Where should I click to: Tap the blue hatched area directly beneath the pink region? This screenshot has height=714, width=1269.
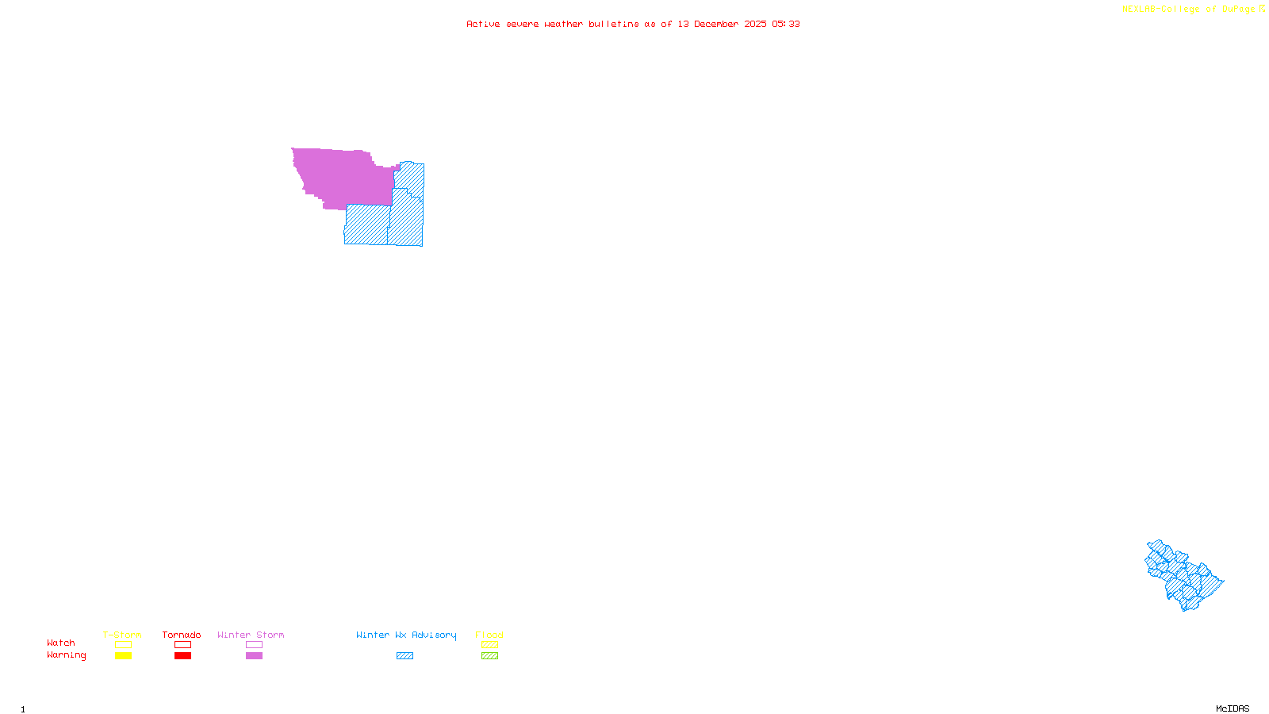point(366,225)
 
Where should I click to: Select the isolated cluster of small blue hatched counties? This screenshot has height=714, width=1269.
point(1183,576)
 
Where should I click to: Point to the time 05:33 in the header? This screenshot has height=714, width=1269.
point(785,24)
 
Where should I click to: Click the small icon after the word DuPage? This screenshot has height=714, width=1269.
point(1262,9)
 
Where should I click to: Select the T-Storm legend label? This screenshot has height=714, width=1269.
point(122,635)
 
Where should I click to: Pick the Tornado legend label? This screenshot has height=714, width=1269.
point(182,635)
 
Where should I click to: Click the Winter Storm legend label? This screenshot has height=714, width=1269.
point(251,635)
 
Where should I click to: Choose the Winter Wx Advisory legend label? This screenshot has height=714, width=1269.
point(406,635)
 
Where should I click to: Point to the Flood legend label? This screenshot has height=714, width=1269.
point(489,635)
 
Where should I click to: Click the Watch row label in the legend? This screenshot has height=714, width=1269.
point(61,643)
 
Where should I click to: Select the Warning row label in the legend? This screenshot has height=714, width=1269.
point(66,655)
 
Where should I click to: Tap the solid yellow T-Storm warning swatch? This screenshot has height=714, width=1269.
point(123,656)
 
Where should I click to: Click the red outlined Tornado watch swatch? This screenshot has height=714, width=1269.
point(182,645)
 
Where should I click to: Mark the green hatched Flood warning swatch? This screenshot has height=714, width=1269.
point(489,656)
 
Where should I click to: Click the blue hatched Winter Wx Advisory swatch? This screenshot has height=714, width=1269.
point(404,656)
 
